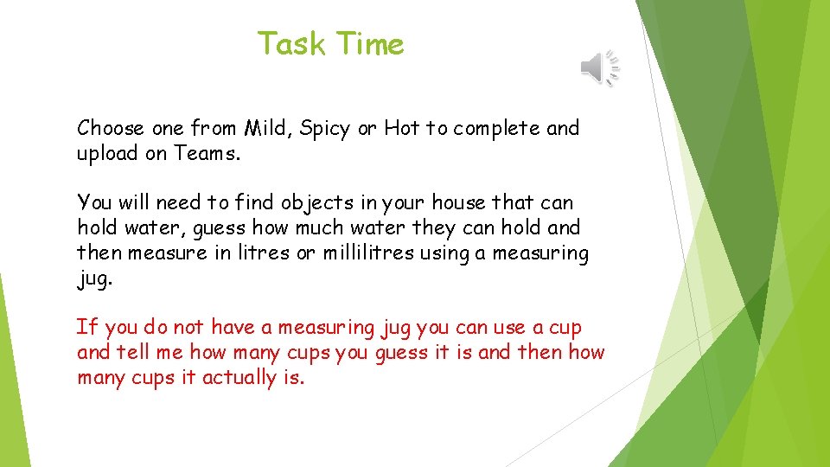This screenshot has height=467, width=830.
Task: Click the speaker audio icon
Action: tap(599, 67)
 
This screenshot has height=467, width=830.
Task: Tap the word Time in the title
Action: tap(370, 43)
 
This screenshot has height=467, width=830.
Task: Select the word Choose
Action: tap(111, 129)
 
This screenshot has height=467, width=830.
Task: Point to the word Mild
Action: tap(269, 129)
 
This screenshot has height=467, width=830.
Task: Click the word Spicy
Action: tap(326, 130)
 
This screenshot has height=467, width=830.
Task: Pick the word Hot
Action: tap(401, 129)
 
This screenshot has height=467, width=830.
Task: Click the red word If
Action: tap(83, 328)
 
